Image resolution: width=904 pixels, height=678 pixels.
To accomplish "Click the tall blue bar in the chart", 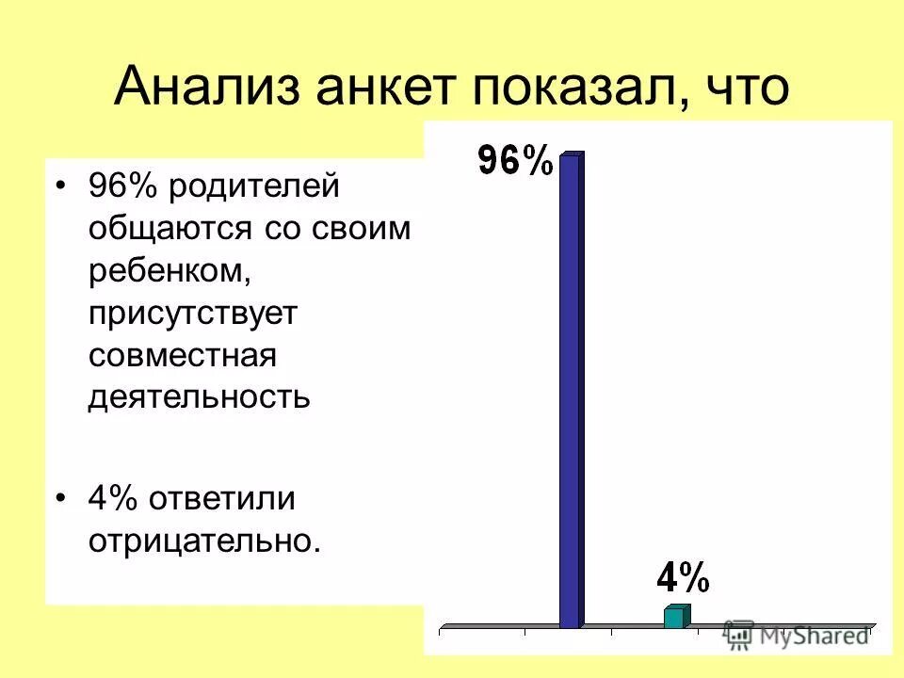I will coord(571,391).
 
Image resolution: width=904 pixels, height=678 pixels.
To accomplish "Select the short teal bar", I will coord(674,617).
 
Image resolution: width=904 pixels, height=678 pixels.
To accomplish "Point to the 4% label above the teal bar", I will coord(681,575).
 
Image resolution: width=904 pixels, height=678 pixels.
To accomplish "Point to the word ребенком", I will coord(169,270).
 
